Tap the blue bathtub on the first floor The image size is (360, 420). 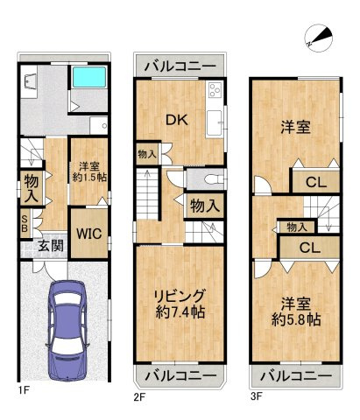88,86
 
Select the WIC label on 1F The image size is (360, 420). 87,234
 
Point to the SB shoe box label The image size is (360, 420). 25,224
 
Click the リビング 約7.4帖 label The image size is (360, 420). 180,304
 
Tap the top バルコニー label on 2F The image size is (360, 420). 179,66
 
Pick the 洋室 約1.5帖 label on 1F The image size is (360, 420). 88,172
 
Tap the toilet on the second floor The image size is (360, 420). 208,178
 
